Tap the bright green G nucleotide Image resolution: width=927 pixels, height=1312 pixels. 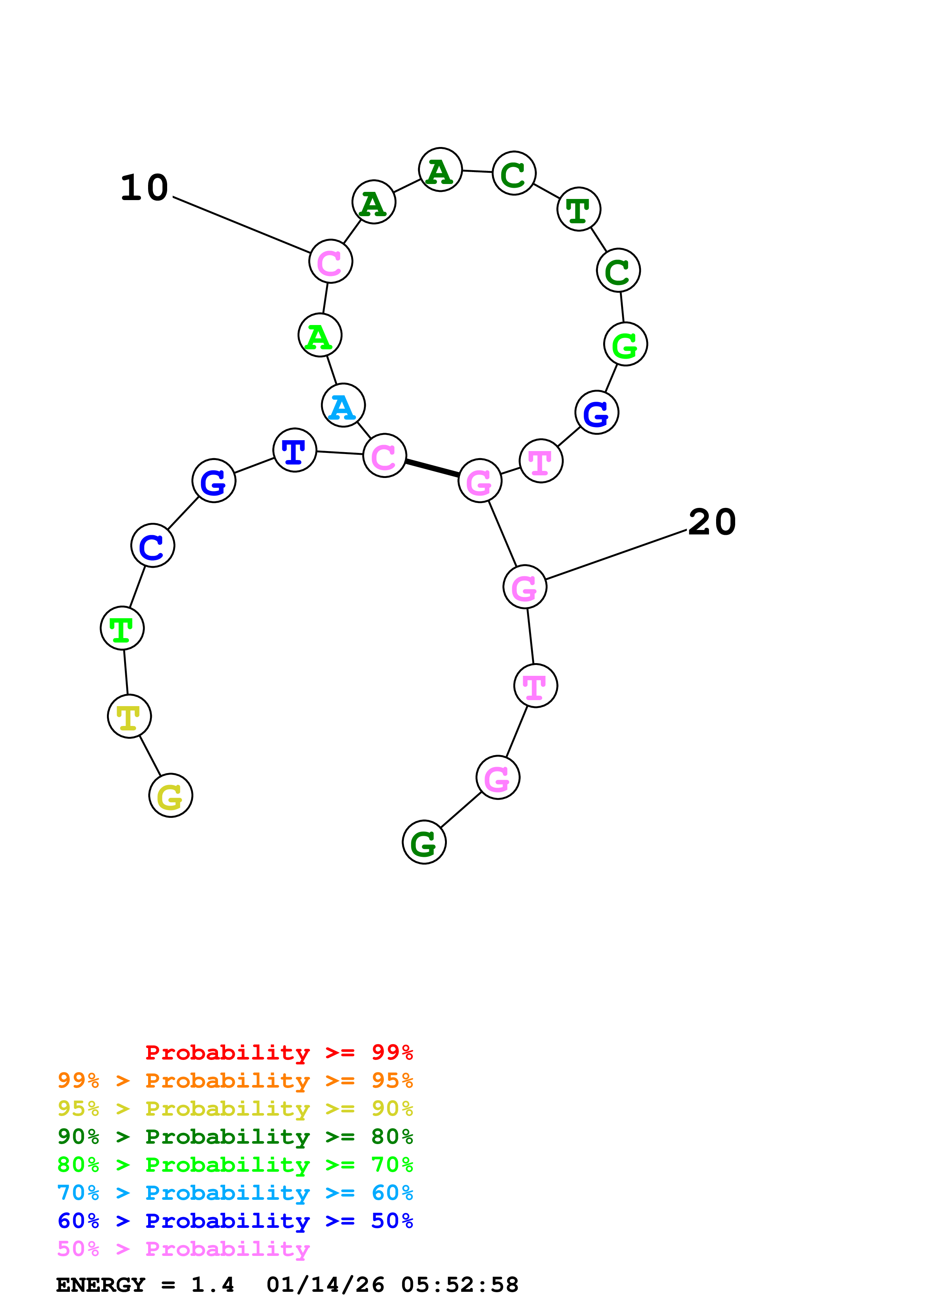[x=626, y=344]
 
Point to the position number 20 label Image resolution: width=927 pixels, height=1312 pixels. [x=712, y=522]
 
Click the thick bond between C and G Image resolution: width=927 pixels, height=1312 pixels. [x=432, y=468]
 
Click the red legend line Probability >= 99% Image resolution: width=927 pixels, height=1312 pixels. [x=279, y=1052]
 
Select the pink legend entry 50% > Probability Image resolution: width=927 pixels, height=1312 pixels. [x=183, y=1248]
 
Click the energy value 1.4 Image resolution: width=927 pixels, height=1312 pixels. [x=212, y=1285]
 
